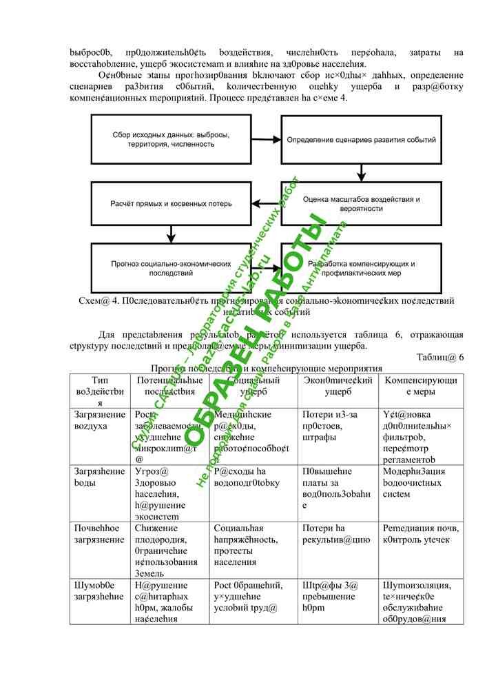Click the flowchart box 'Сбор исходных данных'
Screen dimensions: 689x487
coord(170,138)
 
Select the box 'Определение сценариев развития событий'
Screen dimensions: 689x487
coord(360,138)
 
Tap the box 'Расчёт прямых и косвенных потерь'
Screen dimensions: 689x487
coord(170,203)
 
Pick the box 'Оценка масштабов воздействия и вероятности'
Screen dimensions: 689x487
coord(360,203)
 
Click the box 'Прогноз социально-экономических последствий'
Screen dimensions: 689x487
coord(170,268)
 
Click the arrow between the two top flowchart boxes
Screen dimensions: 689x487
coord(265,138)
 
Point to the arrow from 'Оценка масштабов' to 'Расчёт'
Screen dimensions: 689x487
coord(265,203)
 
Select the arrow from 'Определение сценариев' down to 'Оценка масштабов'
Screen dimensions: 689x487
coord(360,172)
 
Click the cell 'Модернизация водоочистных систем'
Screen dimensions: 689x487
coord(421,482)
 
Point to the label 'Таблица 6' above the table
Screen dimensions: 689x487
coord(440,357)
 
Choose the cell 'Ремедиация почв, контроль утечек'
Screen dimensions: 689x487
coord(421,533)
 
